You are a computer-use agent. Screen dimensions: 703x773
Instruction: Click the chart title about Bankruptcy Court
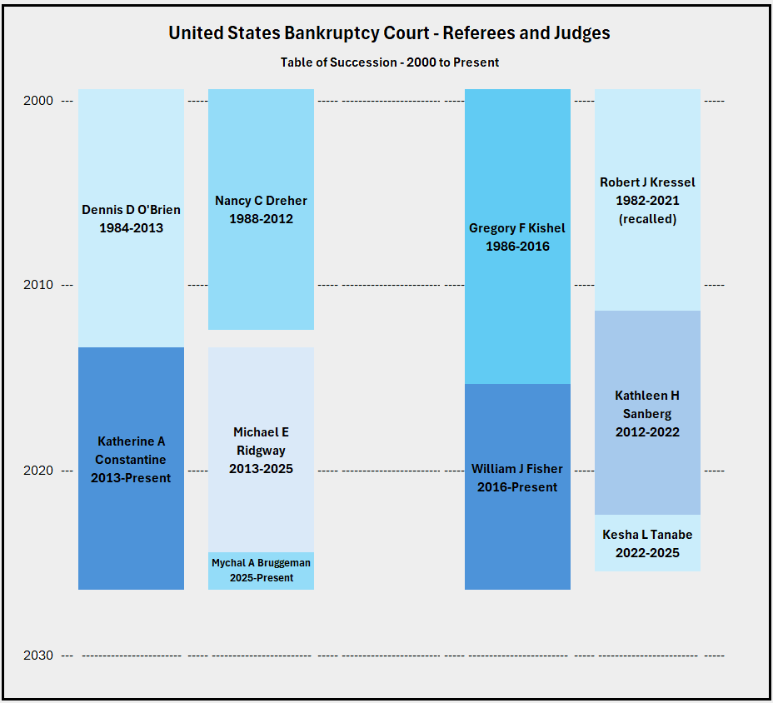[x=389, y=33]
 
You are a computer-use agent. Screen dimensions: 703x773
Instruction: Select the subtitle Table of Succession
[x=389, y=62]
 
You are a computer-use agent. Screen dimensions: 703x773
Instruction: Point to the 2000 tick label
[x=39, y=101]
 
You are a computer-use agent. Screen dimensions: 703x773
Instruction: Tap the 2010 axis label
[x=39, y=285]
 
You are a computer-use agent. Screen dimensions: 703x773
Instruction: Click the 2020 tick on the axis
[x=39, y=471]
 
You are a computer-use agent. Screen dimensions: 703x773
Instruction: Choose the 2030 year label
[x=39, y=656]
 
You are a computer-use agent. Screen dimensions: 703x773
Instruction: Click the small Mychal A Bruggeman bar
[x=261, y=571]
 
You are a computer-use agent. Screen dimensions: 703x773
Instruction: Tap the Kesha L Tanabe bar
[x=647, y=542]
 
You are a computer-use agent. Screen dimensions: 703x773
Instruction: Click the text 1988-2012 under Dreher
[x=261, y=219]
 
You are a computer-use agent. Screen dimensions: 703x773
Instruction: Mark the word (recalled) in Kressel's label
[x=647, y=219]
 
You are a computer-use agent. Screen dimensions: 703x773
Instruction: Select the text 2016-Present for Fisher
[x=517, y=487]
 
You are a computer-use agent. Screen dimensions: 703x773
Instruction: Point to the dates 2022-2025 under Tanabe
[x=647, y=553]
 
